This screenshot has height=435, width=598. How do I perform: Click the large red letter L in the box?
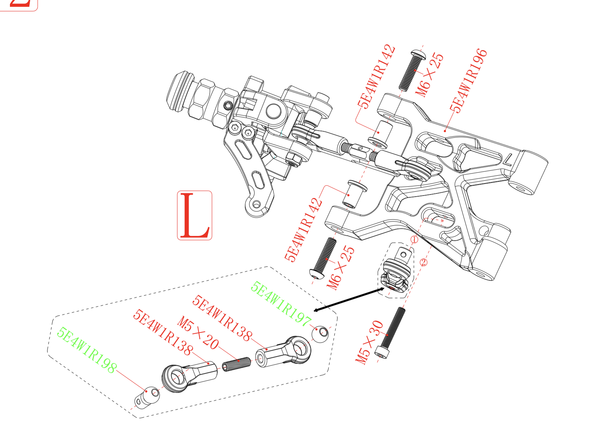(x=194, y=215)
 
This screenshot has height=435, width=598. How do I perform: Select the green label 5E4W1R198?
(x=86, y=350)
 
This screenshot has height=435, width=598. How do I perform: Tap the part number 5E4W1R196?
(x=468, y=81)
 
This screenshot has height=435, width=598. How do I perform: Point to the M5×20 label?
(x=198, y=333)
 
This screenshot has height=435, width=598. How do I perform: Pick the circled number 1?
(x=414, y=240)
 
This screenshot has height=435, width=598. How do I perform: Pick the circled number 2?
(x=424, y=262)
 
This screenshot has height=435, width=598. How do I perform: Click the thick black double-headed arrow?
(x=349, y=300)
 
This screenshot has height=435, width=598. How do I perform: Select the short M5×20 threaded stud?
(x=236, y=364)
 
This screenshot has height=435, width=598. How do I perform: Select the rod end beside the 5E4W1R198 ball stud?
(x=188, y=376)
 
